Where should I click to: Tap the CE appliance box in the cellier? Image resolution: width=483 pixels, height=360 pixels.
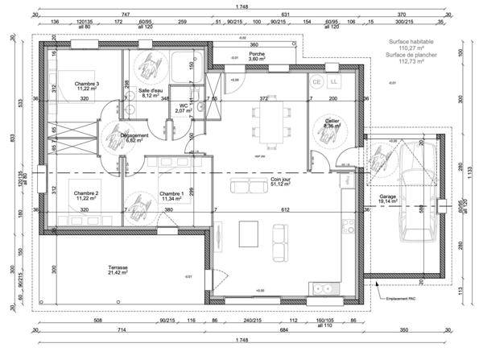pyautogui.click(x=316, y=82)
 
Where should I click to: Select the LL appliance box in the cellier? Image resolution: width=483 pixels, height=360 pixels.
pyautogui.click(x=334, y=82)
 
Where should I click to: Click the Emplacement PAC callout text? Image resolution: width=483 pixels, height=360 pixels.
pyautogui.click(x=400, y=299)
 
